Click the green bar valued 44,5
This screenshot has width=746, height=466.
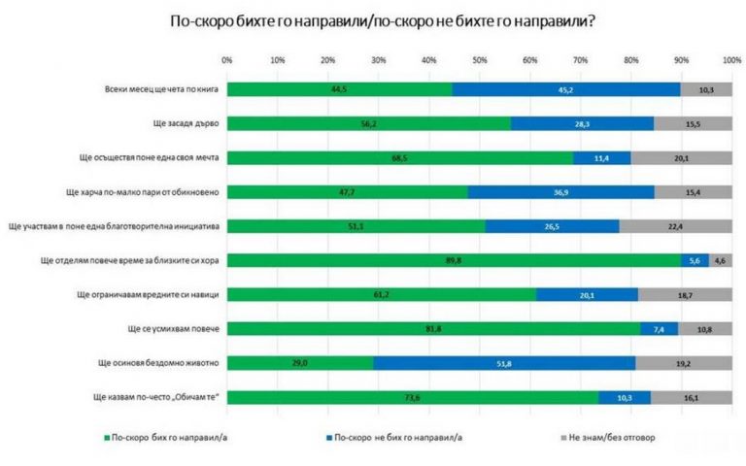point(339,90)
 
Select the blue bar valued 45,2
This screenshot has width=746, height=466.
point(565,90)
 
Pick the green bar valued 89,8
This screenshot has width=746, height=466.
point(454,260)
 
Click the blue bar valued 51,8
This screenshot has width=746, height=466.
point(504,362)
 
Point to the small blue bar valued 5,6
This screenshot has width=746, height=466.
point(695,260)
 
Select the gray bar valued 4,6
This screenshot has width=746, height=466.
point(720,260)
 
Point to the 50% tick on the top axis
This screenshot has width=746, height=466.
point(479,60)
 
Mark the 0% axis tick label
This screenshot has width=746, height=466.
point(226,60)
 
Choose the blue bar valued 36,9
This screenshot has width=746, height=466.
point(560,192)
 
